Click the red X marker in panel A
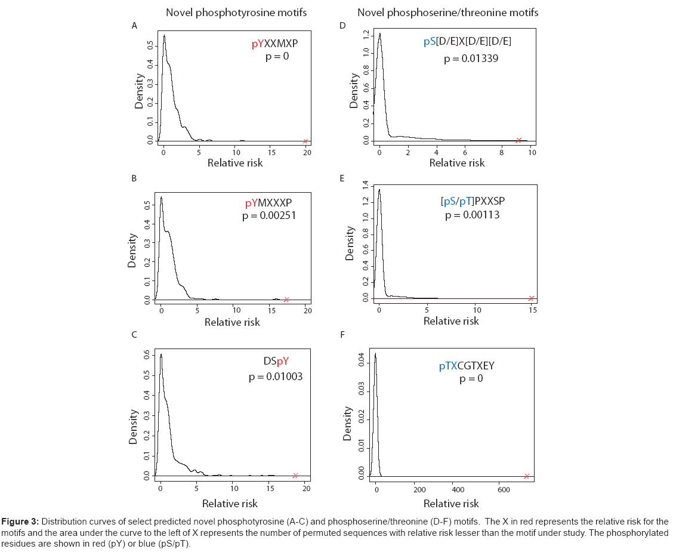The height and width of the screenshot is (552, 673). (305, 141)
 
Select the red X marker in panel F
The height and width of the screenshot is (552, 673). (527, 476)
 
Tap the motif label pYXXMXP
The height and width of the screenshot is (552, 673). (274, 44)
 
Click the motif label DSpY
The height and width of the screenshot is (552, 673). (276, 361)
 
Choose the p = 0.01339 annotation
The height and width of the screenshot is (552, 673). (471, 58)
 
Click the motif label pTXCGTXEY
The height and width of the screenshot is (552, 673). (467, 366)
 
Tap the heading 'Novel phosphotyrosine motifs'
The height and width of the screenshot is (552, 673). (236, 13)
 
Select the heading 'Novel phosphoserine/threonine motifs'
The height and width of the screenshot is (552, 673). (448, 13)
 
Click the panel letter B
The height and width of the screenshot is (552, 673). (134, 178)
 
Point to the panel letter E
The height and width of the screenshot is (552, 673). (342, 178)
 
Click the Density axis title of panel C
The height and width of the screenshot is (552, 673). (134, 427)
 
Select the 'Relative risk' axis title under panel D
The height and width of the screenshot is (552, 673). (457, 162)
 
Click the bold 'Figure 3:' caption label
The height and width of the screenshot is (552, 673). (20, 522)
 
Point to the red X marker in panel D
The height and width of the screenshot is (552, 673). (518, 140)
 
